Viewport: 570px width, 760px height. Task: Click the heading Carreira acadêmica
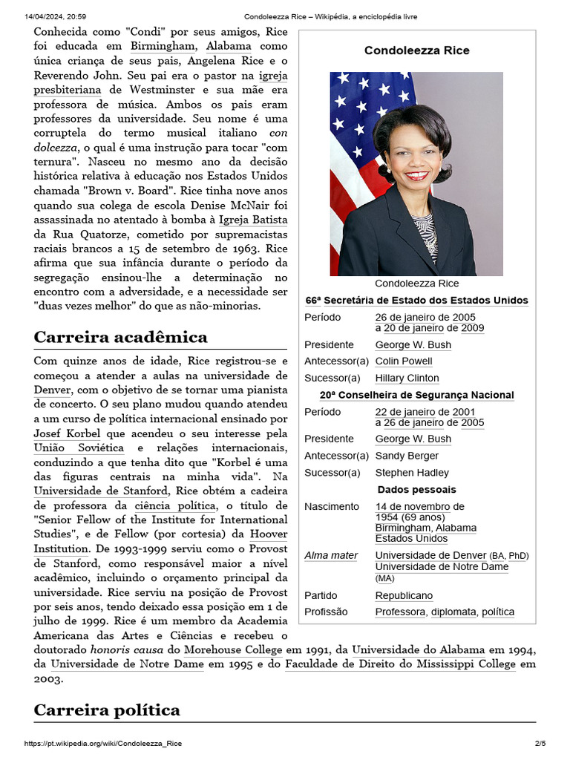click(x=121, y=338)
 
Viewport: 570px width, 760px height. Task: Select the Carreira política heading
click(x=107, y=710)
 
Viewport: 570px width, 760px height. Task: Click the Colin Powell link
click(x=404, y=361)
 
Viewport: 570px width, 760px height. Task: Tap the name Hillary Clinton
click(x=407, y=379)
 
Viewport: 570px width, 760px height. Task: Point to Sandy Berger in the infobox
click(x=407, y=456)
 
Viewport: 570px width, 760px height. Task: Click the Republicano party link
click(x=404, y=596)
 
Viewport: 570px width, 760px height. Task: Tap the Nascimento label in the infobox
click(x=332, y=507)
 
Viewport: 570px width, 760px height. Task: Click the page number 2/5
click(x=540, y=744)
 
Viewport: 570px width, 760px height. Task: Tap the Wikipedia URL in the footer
click(x=103, y=744)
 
